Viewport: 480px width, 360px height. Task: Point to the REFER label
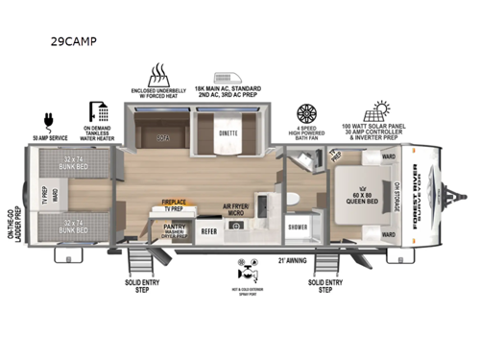point(208,231)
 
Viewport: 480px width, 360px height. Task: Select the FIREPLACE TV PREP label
point(173,204)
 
